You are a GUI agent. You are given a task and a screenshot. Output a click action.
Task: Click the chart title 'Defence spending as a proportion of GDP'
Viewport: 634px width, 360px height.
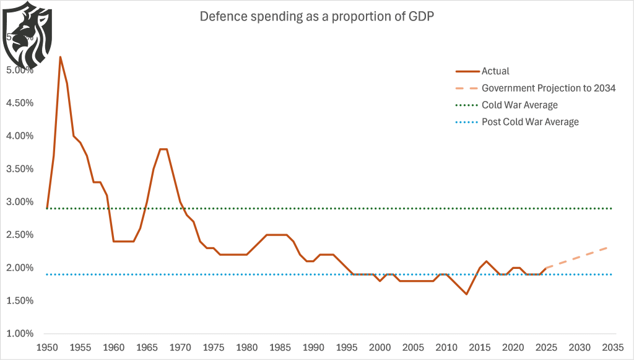(x=316, y=17)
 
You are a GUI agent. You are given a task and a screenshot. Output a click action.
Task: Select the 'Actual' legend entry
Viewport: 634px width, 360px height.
(x=495, y=71)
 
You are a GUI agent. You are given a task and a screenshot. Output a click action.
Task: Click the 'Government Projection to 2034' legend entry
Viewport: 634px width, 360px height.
(x=548, y=88)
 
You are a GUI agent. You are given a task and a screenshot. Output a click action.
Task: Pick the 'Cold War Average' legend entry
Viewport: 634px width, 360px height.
(x=519, y=105)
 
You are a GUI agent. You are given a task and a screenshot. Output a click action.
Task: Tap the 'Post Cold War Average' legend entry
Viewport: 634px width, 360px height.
(x=530, y=121)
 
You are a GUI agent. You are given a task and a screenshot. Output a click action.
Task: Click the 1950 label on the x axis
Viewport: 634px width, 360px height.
(x=46, y=347)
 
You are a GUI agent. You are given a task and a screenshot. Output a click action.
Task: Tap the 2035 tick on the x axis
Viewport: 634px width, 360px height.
(x=612, y=347)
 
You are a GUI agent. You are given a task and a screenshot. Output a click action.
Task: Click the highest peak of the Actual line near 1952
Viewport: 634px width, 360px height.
(x=60, y=57)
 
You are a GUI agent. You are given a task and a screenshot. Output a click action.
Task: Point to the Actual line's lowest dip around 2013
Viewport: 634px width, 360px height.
(x=466, y=294)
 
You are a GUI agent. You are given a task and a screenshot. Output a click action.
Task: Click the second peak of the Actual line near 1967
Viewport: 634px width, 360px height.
(x=163, y=149)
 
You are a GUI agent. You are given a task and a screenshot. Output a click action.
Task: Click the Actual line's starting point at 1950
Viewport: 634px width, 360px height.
(x=47, y=208)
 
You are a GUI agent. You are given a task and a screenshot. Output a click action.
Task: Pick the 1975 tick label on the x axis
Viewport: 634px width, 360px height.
(x=214, y=347)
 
